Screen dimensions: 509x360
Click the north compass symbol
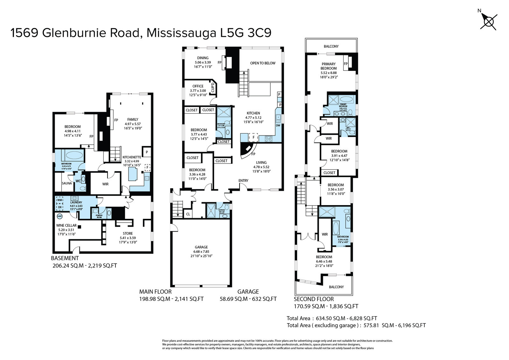click(x=488, y=21)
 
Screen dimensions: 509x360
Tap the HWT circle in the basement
click(x=59, y=216)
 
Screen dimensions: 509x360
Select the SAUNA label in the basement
click(x=67, y=183)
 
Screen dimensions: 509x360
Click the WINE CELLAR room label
click(x=66, y=225)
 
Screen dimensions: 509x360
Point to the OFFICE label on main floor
click(x=198, y=86)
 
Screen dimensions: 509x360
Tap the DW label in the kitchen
click(x=278, y=125)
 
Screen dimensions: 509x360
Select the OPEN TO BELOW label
click(x=263, y=63)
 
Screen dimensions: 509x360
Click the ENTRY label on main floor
click(x=243, y=181)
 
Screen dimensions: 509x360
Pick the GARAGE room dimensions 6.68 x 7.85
click(x=201, y=252)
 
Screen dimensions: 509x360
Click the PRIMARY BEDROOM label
click(x=328, y=66)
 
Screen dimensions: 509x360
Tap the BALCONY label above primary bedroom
click(x=331, y=46)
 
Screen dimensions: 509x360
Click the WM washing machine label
click(x=60, y=200)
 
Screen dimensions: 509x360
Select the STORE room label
click(x=128, y=233)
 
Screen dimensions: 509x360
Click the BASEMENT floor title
click(x=65, y=258)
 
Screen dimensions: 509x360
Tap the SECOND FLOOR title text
click(x=314, y=299)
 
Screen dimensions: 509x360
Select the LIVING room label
click(x=261, y=163)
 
